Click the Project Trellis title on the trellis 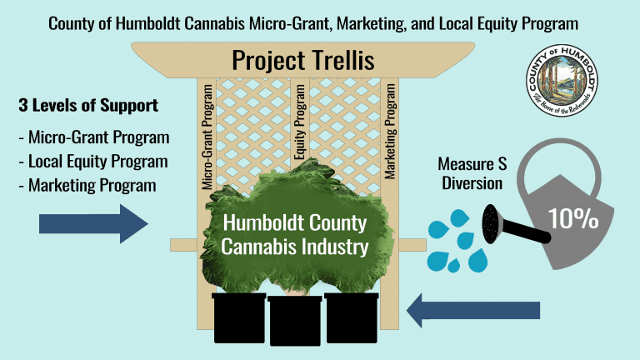[302, 60]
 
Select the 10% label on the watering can [573, 219]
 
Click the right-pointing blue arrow [92, 225]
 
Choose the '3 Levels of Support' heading [87, 107]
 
